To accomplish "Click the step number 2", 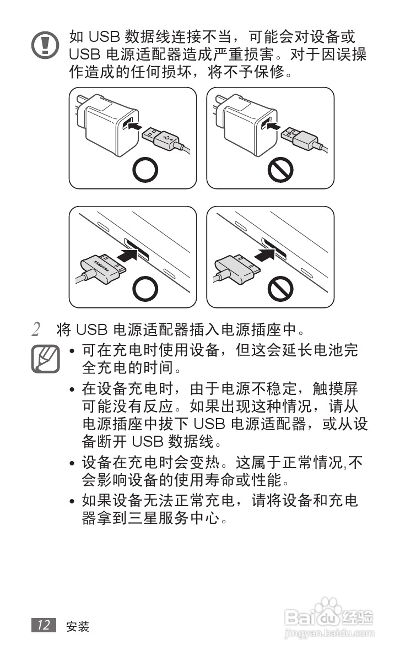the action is pyautogui.click(x=36, y=330).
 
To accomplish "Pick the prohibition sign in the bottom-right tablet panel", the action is pyautogui.click(x=280, y=288).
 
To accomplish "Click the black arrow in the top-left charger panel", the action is pyautogui.click(x=134, y=126).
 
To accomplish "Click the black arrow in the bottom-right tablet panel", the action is pyautogui.click(x=267, y=256).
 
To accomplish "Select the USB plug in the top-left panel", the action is pyautogui.click(x=160, y=135).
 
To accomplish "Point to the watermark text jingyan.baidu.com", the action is pyautogui.click(x=329, y=634).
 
